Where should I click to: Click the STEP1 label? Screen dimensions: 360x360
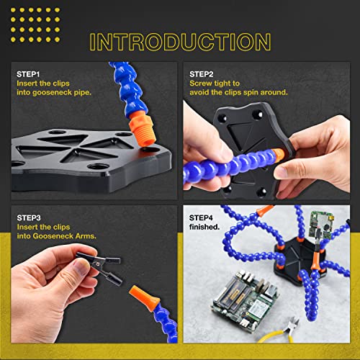(x=29, y=74)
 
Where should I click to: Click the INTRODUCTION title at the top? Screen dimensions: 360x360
(x=179, y=40)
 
